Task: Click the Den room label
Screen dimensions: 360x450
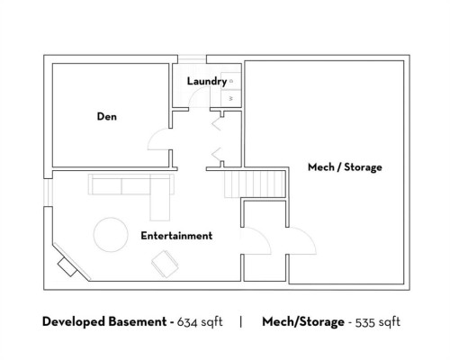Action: click(x=107, y=116)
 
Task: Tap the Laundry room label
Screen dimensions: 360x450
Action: click(x=206, y=82)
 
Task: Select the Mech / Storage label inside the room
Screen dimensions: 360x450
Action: click(x=345, y=167)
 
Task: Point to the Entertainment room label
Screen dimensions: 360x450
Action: click(x=176, y=236)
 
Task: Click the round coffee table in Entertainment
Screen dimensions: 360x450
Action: click(x=110, y=234)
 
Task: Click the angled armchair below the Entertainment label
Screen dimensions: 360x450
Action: click(x=166, y=263)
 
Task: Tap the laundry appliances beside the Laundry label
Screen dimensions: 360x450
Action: click(x=231, y=90)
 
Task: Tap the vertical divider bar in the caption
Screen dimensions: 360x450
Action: click(x=240, y=321)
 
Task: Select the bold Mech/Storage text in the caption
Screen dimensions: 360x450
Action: click(x=303, y=321)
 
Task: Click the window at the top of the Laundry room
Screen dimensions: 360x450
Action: click(x=190, y=60)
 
